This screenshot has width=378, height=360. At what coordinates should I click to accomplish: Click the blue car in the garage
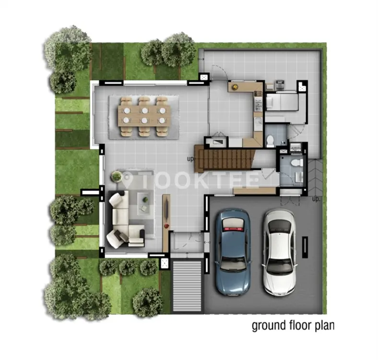click(x=233, y=252)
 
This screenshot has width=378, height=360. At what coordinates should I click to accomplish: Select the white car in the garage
click(x=279, y=252)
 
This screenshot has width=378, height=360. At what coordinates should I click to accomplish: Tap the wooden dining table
click(x=144, y=116)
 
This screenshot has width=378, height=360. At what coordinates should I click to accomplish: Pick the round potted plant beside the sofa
click(x=117, y=176)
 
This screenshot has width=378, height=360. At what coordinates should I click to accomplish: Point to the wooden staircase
click(x=224, y=158)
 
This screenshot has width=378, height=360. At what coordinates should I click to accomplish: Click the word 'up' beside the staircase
click(x=190, y=159)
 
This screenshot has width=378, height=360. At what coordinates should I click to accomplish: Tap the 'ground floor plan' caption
click(x=293, y=325)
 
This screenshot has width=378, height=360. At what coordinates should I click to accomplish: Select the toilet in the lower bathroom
click(x=297, y=163)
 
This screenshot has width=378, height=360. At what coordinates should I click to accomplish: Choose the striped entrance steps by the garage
click(x=187, y=286)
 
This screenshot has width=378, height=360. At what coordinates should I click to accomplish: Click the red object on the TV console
click(x=167, y=226)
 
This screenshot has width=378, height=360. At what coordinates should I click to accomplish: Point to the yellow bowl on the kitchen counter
click(x=235, y=87)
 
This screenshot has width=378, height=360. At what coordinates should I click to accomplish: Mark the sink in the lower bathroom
click(x=299, y=177)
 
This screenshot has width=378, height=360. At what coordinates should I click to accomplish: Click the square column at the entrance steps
click(x=165, y=263)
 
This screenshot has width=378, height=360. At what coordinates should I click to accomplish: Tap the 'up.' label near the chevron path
click(x=316, y=199)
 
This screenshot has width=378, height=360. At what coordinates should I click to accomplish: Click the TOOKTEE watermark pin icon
click(x=128, y=180)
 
